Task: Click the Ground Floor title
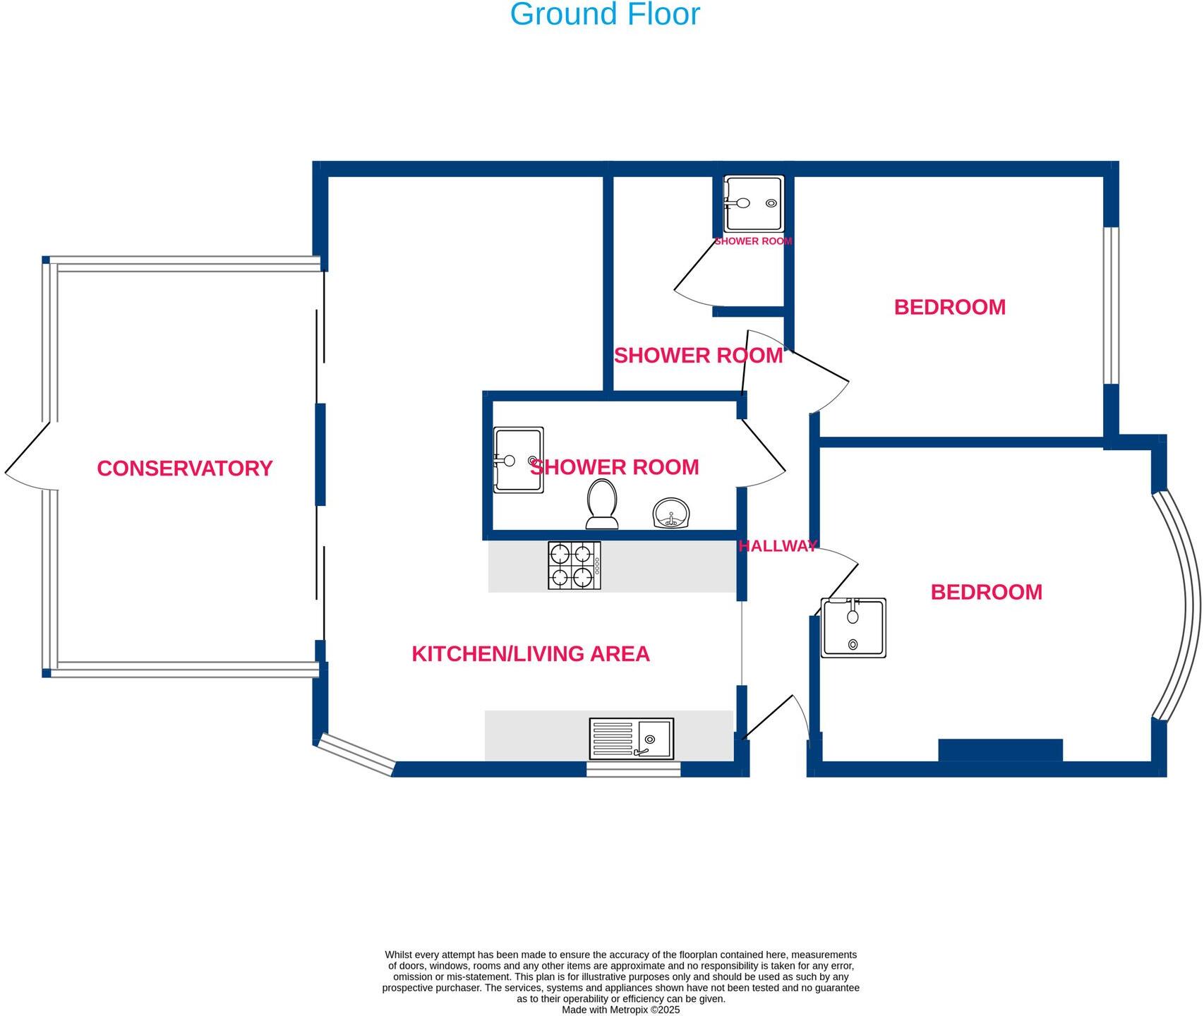(x=604, y=14)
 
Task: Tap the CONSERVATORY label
(x=184, y=468)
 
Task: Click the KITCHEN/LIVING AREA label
(x=530, y=654)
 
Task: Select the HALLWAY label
(x=777, y=545)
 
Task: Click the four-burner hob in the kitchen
(x=574, y=566)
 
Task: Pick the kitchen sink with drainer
(x=632, y=739)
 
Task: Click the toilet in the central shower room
(x=602, y=504)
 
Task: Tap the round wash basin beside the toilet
(x=670, y=513)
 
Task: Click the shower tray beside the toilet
(x=518, y=459)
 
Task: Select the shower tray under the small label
(x=754, y=204)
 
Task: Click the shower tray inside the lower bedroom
(x=853, y=628)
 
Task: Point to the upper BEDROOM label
(x=949, y=308)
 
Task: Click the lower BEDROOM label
(x=986, y=593)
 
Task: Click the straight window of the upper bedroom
(x=1111, y=306)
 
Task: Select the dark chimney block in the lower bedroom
(x=1000, y=750)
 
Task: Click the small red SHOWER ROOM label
(x=753, y=241)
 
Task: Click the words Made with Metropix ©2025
(x=620, y=1010)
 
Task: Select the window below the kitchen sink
(x=633, y=770)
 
